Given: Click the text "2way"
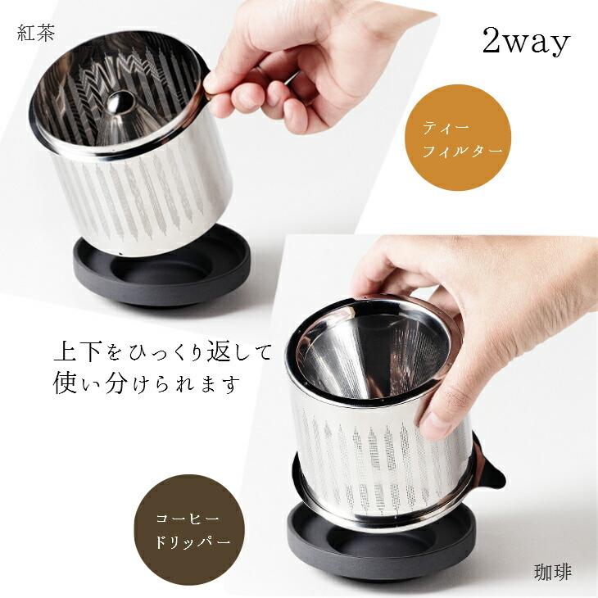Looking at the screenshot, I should point(525,43).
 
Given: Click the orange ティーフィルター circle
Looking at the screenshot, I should point(458,138).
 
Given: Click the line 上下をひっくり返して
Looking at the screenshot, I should point(161,353).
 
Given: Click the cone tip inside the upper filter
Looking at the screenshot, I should point(120,102).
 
